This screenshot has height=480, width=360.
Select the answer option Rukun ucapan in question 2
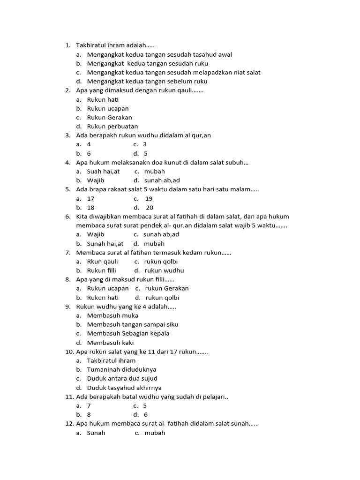[108, 108]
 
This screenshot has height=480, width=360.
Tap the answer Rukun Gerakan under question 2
[109, 118]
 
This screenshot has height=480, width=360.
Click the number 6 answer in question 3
[89, 153]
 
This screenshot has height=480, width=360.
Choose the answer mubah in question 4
[155, 172]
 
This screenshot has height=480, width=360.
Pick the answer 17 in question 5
[91, 199]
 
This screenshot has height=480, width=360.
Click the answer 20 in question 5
[150, 208]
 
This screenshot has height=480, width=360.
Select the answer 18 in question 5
[91, 208]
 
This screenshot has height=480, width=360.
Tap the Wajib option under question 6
[96, 234]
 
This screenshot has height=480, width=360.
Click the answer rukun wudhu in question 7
[164, 270]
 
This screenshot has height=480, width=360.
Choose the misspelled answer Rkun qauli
[103, 262]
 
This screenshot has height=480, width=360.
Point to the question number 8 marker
[68, 279]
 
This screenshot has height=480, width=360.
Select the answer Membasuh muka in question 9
[112, 315]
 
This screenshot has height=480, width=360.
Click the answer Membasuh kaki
[111, 343]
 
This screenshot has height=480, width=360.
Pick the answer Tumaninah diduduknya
[122, 369]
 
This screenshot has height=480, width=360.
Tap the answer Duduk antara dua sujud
[122, 378]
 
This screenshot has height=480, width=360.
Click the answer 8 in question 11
[89, 414]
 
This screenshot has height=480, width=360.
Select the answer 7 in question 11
[89, 405]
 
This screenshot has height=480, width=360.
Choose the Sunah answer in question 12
[96, 433]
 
